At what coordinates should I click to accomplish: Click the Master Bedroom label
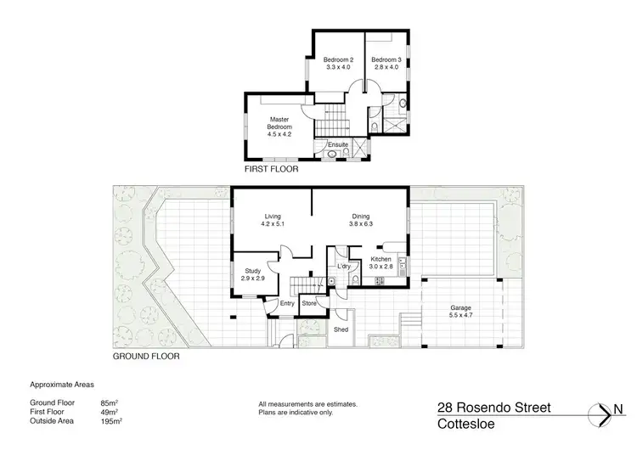point(280,123)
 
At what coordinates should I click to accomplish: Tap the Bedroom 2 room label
point(338,59)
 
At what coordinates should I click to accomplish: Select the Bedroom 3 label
point(386,59)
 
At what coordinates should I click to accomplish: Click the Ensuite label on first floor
point(338,144)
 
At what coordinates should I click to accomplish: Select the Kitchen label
point(381,258)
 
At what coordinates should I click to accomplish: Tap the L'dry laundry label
point(344,267)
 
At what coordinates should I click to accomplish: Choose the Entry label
point(287,302)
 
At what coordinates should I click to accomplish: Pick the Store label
point(310,302)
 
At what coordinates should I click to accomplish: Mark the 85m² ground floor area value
point(109,404)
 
